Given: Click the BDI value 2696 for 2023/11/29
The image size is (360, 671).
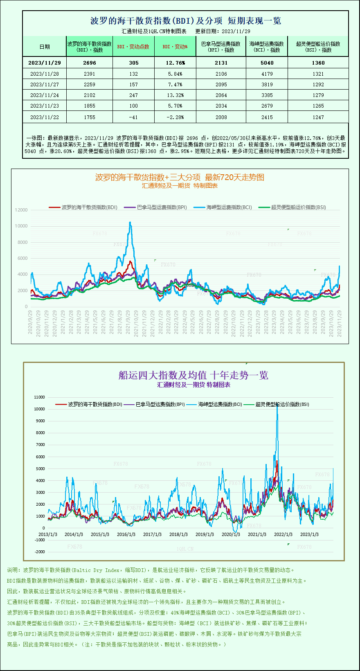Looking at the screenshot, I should click(x=89, y=63).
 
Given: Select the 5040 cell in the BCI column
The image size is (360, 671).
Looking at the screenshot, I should click(x=267, y=63).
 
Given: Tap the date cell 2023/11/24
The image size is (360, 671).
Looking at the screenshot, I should click(x=44, y=95).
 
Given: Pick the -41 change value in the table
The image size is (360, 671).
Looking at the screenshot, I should click(x=133, y=117).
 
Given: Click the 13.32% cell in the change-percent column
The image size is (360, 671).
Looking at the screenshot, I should click(x=175, y=95).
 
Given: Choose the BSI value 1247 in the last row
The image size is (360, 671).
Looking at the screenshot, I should click(x=318, y=117).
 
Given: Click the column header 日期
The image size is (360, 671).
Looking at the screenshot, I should click(x=44, y=47).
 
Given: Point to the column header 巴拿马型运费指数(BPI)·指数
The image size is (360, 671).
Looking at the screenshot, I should click(x=221, y=47).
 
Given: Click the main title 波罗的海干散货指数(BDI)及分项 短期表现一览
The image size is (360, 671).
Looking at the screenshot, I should click(x=185, y=21).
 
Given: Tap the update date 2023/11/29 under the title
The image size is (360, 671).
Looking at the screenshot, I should click(x=236, y=31).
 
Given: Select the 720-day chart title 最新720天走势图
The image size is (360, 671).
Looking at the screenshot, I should click(x=234, y=177).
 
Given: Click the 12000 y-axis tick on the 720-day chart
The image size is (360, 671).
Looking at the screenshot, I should click(x=21, y=210).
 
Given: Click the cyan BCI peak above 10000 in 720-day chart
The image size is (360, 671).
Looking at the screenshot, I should click(x=130, y=223).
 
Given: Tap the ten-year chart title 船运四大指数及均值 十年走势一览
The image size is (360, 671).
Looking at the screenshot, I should click(x=193, y=375).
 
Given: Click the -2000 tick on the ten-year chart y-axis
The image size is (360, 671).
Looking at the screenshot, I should click(x=40, y=552).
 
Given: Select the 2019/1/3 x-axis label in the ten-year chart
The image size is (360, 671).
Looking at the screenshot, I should click(x=205, y=534).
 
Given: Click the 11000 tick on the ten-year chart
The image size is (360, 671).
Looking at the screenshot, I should click(x=40, y=397).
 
